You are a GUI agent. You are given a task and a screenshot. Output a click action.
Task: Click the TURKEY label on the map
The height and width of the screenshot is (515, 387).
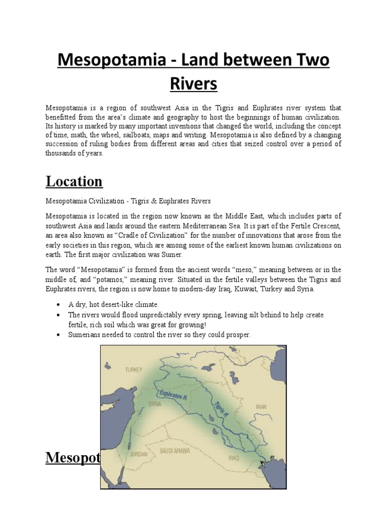tap(134, 369)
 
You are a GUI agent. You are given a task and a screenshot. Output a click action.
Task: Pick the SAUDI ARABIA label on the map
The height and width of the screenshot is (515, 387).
tap(174, 451)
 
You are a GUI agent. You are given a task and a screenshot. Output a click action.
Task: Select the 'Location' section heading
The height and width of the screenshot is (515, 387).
tap(75, 181)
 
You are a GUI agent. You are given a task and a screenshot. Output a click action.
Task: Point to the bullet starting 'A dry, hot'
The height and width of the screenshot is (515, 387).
tap(113, 304)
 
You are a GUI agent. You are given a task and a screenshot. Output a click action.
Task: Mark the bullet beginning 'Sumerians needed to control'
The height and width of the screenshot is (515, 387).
tap(159, 334)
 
